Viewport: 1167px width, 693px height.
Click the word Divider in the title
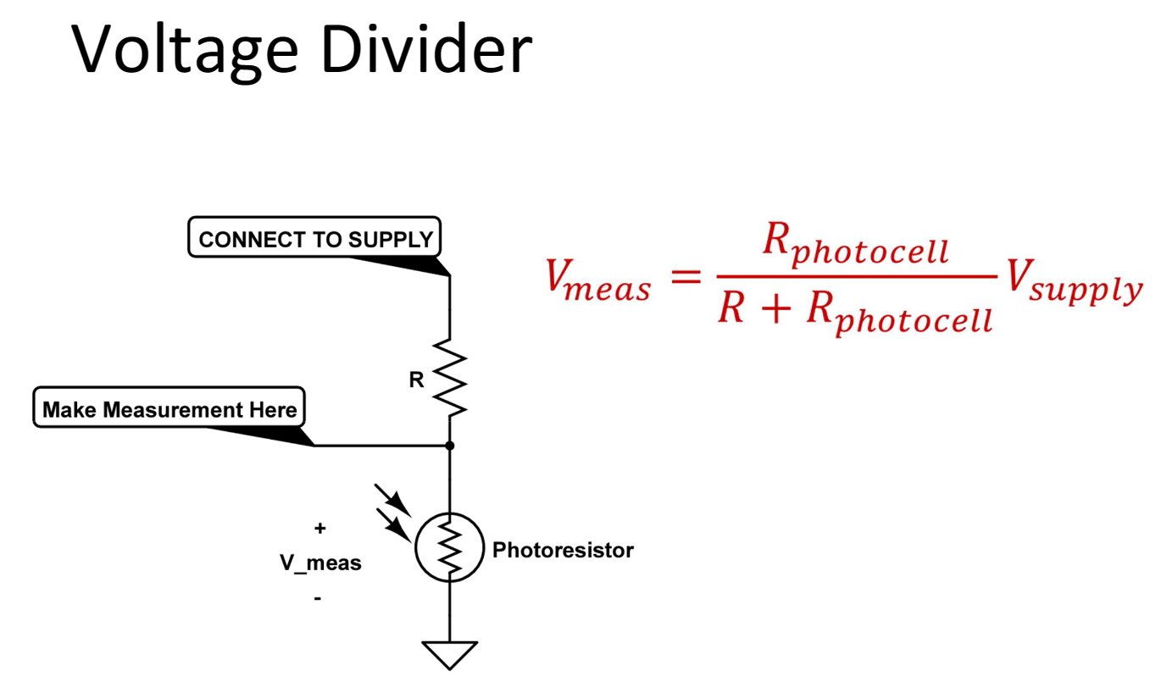click(x=426, y=48)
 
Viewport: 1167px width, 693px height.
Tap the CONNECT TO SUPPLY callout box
click(x=314, y=237)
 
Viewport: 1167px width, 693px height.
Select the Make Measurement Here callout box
click(x=169, y=407)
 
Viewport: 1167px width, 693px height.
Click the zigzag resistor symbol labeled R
click(x=450, y=378)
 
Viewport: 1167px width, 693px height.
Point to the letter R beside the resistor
click(x=416, y=380)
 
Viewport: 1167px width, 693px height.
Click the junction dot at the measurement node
click(x=450, y=446)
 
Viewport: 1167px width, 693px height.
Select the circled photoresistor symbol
click(x=450, y=547)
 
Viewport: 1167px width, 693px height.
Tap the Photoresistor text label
click(x=563, y=551)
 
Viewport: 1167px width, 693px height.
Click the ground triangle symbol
click(x=450, y=655)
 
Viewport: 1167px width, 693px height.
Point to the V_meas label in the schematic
click(x=320, y=563)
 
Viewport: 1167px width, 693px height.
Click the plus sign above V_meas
click(x=320, y=529)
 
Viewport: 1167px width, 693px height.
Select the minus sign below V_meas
click(x=318, y=598)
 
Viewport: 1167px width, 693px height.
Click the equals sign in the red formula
click(x=686, y=276)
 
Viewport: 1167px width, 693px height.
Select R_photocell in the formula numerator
click(x=855, y=245)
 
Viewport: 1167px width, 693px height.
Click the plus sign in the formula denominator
click(x=775, y=308)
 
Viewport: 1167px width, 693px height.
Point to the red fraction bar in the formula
click(x=857, y=276)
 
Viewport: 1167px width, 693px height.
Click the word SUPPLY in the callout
click(x=391, y=240)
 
